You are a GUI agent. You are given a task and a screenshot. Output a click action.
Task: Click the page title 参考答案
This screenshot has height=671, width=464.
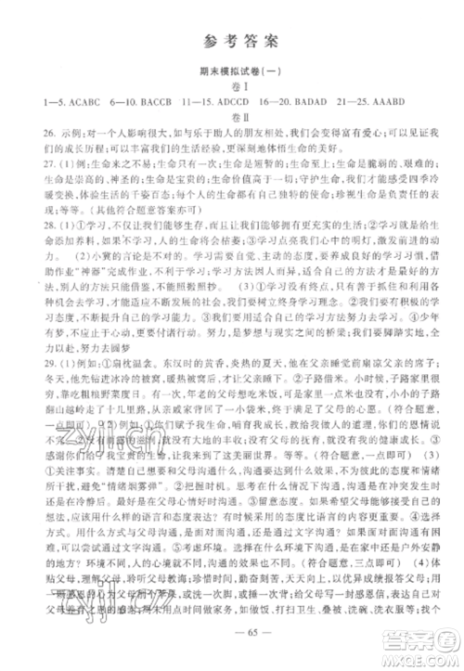(x=231, y=39)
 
